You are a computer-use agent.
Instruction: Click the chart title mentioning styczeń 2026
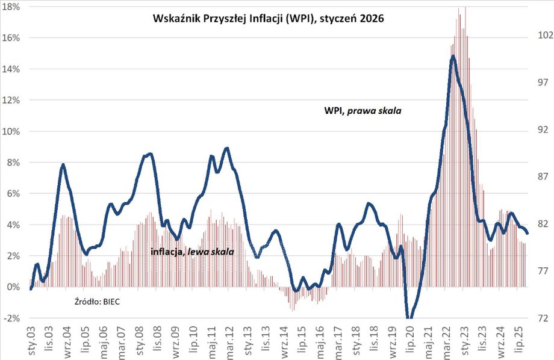coord(267,19)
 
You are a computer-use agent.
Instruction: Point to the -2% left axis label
coord(13,318)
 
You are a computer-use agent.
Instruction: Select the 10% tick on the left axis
coord(13,131)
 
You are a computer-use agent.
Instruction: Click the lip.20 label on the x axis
coord(409,340)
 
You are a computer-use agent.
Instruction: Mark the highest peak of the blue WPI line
coord(453,56)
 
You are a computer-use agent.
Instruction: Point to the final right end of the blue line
coord(528,233)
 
